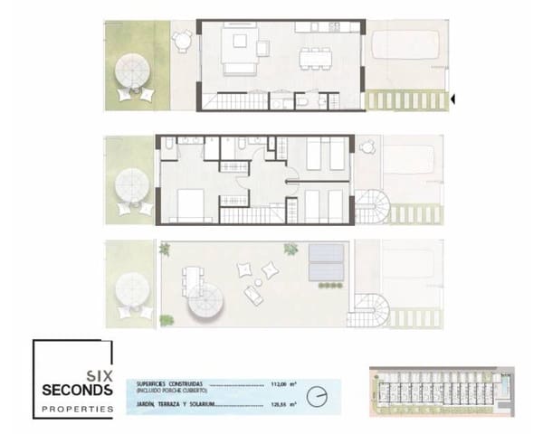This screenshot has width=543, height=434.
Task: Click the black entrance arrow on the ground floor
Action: click(x=452, y=98)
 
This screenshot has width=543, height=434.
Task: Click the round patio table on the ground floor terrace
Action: click(x=183, y=41)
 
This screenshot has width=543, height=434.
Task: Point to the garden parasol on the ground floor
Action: click(x=133, y=70)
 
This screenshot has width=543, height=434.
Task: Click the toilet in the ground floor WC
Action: click(x=302, y=102)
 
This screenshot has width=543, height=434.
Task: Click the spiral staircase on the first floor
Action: click(x=373, y=207)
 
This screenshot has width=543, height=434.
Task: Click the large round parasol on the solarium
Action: click(x=208, y=306)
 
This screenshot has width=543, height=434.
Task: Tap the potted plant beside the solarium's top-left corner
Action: click(x=164, y=249)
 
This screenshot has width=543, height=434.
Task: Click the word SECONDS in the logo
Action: click(x=77, y=390)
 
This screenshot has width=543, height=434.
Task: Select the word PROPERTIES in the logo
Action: click(x=77, y=409)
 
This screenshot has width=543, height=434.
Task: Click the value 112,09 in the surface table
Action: click(x=279, y=383)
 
